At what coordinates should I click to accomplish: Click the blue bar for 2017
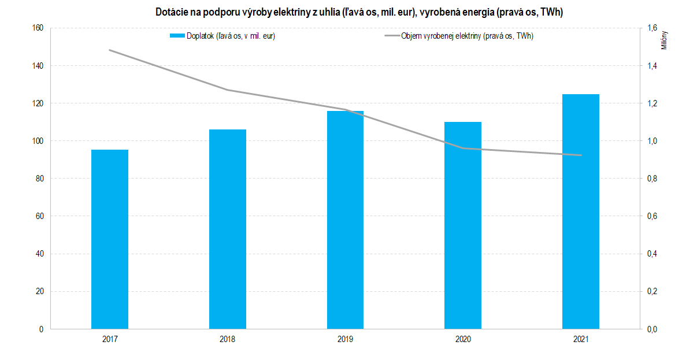(110, 239)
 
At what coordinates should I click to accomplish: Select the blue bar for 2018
(228, 229)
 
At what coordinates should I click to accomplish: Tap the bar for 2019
(345, 220)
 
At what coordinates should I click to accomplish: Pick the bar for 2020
(463, 225)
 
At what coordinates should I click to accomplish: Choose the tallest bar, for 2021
(581, 211)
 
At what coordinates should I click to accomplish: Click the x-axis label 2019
(345, 340)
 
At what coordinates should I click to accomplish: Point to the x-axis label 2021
(581, 340)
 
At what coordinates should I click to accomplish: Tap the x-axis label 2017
(110, 340)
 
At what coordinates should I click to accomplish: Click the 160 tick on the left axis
(37, 28)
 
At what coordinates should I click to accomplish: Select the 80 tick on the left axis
(39, 179)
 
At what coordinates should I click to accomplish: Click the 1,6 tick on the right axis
(652, 28)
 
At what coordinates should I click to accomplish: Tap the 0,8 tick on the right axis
(652, 179)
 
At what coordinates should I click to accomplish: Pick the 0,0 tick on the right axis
(652, 329)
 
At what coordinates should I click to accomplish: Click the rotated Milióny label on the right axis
(665, 40)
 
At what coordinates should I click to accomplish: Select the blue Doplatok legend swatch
(177, 36)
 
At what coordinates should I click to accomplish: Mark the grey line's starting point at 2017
(110, 50)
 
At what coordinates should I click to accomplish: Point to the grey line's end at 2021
(581, 155)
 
